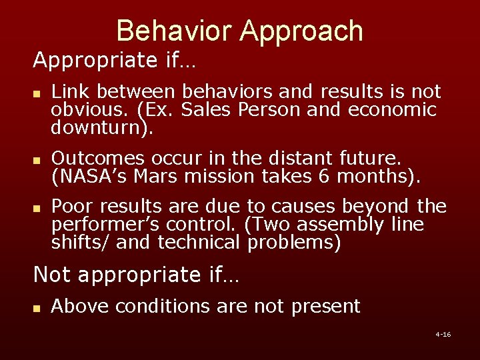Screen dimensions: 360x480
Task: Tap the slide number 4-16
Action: click(443, 334)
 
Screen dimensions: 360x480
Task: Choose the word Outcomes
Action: click(99, 158)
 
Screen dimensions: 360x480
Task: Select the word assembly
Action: click(348, 225)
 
